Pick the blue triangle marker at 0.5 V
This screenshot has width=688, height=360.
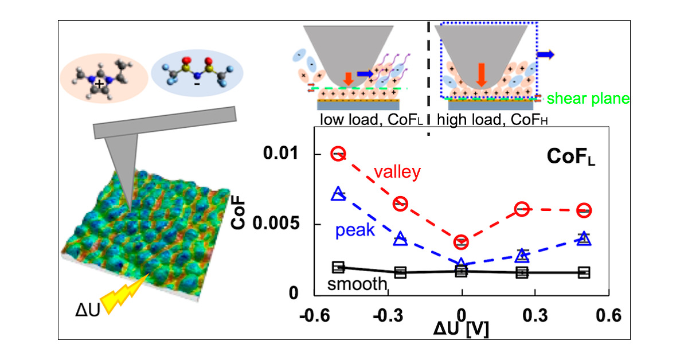point(584,238)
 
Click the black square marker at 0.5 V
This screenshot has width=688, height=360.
point(584,272)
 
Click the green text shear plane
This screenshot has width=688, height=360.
point(588,99)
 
